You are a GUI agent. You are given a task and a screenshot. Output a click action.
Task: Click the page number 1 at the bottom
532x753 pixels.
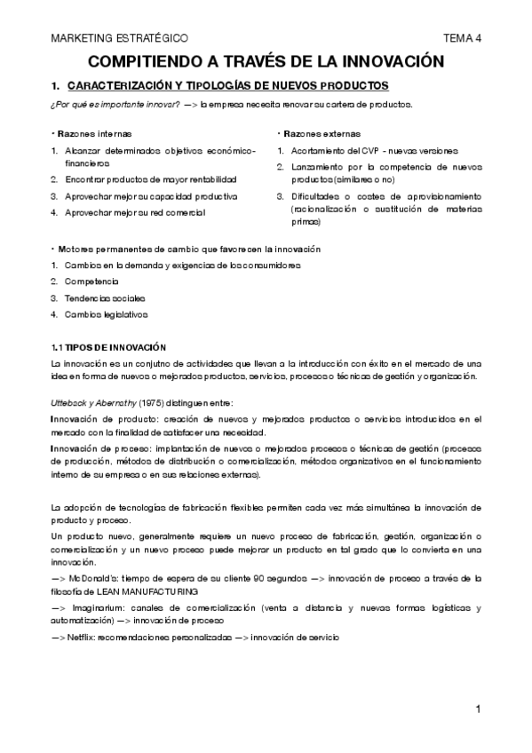478,709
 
